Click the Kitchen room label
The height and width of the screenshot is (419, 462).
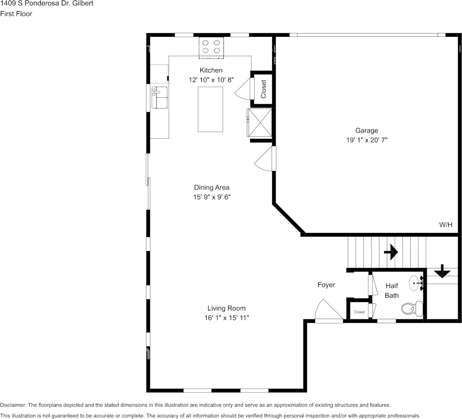click(211, 70)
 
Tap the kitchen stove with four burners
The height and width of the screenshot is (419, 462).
click(211, 47)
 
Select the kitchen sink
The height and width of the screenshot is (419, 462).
click(159, 97)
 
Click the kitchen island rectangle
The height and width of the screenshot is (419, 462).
click(210, 109)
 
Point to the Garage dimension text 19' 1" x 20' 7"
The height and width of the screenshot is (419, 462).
click(366, 140)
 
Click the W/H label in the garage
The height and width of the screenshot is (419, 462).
click(446, 225)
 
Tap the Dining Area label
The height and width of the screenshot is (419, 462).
click(212, 187)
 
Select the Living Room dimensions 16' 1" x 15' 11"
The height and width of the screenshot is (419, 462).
click(227, 318)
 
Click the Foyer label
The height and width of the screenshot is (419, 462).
click(326, 284)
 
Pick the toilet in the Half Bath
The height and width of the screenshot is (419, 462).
click(412, 308)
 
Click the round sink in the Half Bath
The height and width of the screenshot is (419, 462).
click(416, 283)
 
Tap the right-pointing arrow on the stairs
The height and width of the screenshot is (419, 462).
click(391, 252)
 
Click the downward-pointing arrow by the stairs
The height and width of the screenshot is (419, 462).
click(442, 271)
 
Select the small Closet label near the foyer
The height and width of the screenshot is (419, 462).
click(359, 312)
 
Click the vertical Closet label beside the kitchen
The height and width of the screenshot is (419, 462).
click(263, 89)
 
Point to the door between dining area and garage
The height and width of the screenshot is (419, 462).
click(265, 158)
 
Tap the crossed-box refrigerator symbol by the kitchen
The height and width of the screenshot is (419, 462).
click(259, 123)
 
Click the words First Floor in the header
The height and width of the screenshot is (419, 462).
click(16, 14)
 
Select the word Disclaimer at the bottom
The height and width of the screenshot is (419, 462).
click(13, 405)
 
